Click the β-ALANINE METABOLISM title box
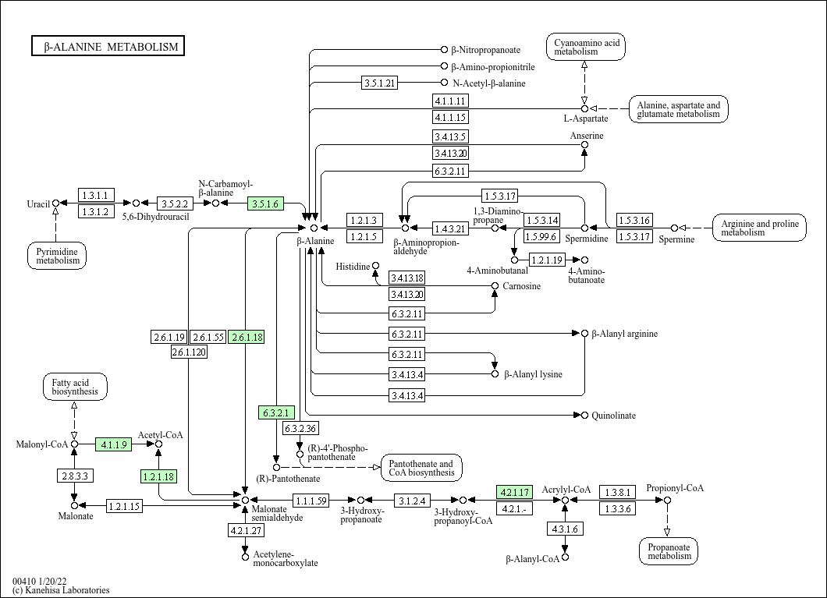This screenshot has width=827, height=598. point(108,47)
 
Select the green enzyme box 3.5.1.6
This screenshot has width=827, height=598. point(265,204)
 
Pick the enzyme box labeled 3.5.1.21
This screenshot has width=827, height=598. point(381,83)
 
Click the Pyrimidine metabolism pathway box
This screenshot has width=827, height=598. point(57,255)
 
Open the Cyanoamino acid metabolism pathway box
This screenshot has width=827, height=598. point(587,47)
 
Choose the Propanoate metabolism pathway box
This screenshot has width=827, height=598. point(669,551)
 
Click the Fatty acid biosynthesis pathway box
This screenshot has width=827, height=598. point(75,387)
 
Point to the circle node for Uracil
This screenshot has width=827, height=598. point(55,203)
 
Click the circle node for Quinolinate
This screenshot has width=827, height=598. point(584,416)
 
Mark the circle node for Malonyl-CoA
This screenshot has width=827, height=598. point(74,444)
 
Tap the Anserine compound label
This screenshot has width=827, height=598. point(586,136)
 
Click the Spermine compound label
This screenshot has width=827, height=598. point(676,239)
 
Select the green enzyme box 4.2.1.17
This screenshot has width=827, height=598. point(514,492)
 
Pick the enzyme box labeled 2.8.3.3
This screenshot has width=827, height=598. point(74,475)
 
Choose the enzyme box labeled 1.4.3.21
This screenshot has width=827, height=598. point(450,228)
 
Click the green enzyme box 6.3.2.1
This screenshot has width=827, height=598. point(276,412)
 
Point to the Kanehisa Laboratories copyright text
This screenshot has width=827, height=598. point(61,590)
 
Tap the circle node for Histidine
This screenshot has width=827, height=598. point(375,267)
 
